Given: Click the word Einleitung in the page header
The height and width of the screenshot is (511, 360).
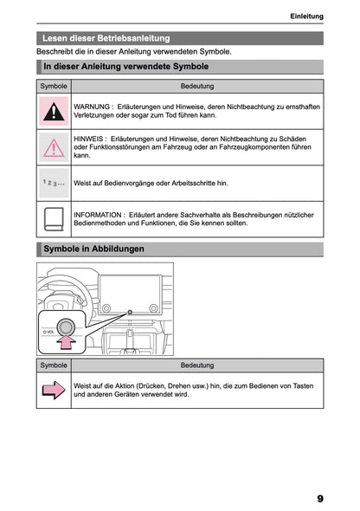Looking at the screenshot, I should [306, 16].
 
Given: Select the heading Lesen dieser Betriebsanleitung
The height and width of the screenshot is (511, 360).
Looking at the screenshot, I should [106, 38].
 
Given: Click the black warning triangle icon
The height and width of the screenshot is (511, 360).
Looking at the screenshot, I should [54, 111].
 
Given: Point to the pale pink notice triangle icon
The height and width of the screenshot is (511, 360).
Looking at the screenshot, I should [54, 147].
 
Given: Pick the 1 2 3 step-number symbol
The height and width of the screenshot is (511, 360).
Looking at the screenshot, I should [54, 183].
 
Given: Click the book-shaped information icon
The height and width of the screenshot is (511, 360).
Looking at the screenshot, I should [54, 218].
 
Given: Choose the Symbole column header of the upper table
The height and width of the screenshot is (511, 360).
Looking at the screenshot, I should [54, 87].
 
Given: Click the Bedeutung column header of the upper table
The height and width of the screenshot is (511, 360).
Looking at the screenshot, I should [197, 87].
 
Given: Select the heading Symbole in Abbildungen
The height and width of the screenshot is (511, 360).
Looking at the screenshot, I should [93, 249].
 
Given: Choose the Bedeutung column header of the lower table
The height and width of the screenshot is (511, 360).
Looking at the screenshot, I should [197, 365].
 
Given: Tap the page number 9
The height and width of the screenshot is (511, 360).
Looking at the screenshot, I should [320, 499].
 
